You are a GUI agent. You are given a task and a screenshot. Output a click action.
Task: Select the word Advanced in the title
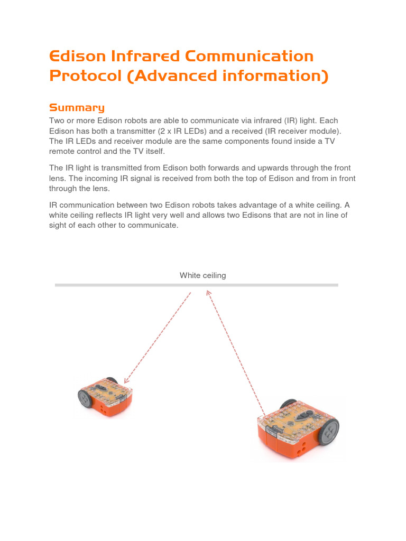[183, 76]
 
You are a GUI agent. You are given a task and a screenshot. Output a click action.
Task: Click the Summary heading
[77, 108]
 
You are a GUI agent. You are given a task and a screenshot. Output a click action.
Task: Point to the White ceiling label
[202, 275]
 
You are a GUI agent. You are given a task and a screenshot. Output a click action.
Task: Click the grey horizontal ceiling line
[196, 285]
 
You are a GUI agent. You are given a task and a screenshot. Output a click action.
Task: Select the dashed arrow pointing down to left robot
[157, 338]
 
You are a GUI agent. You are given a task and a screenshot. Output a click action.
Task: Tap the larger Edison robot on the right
[297, 428]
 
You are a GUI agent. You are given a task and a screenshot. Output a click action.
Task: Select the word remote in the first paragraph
[61, 151]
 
